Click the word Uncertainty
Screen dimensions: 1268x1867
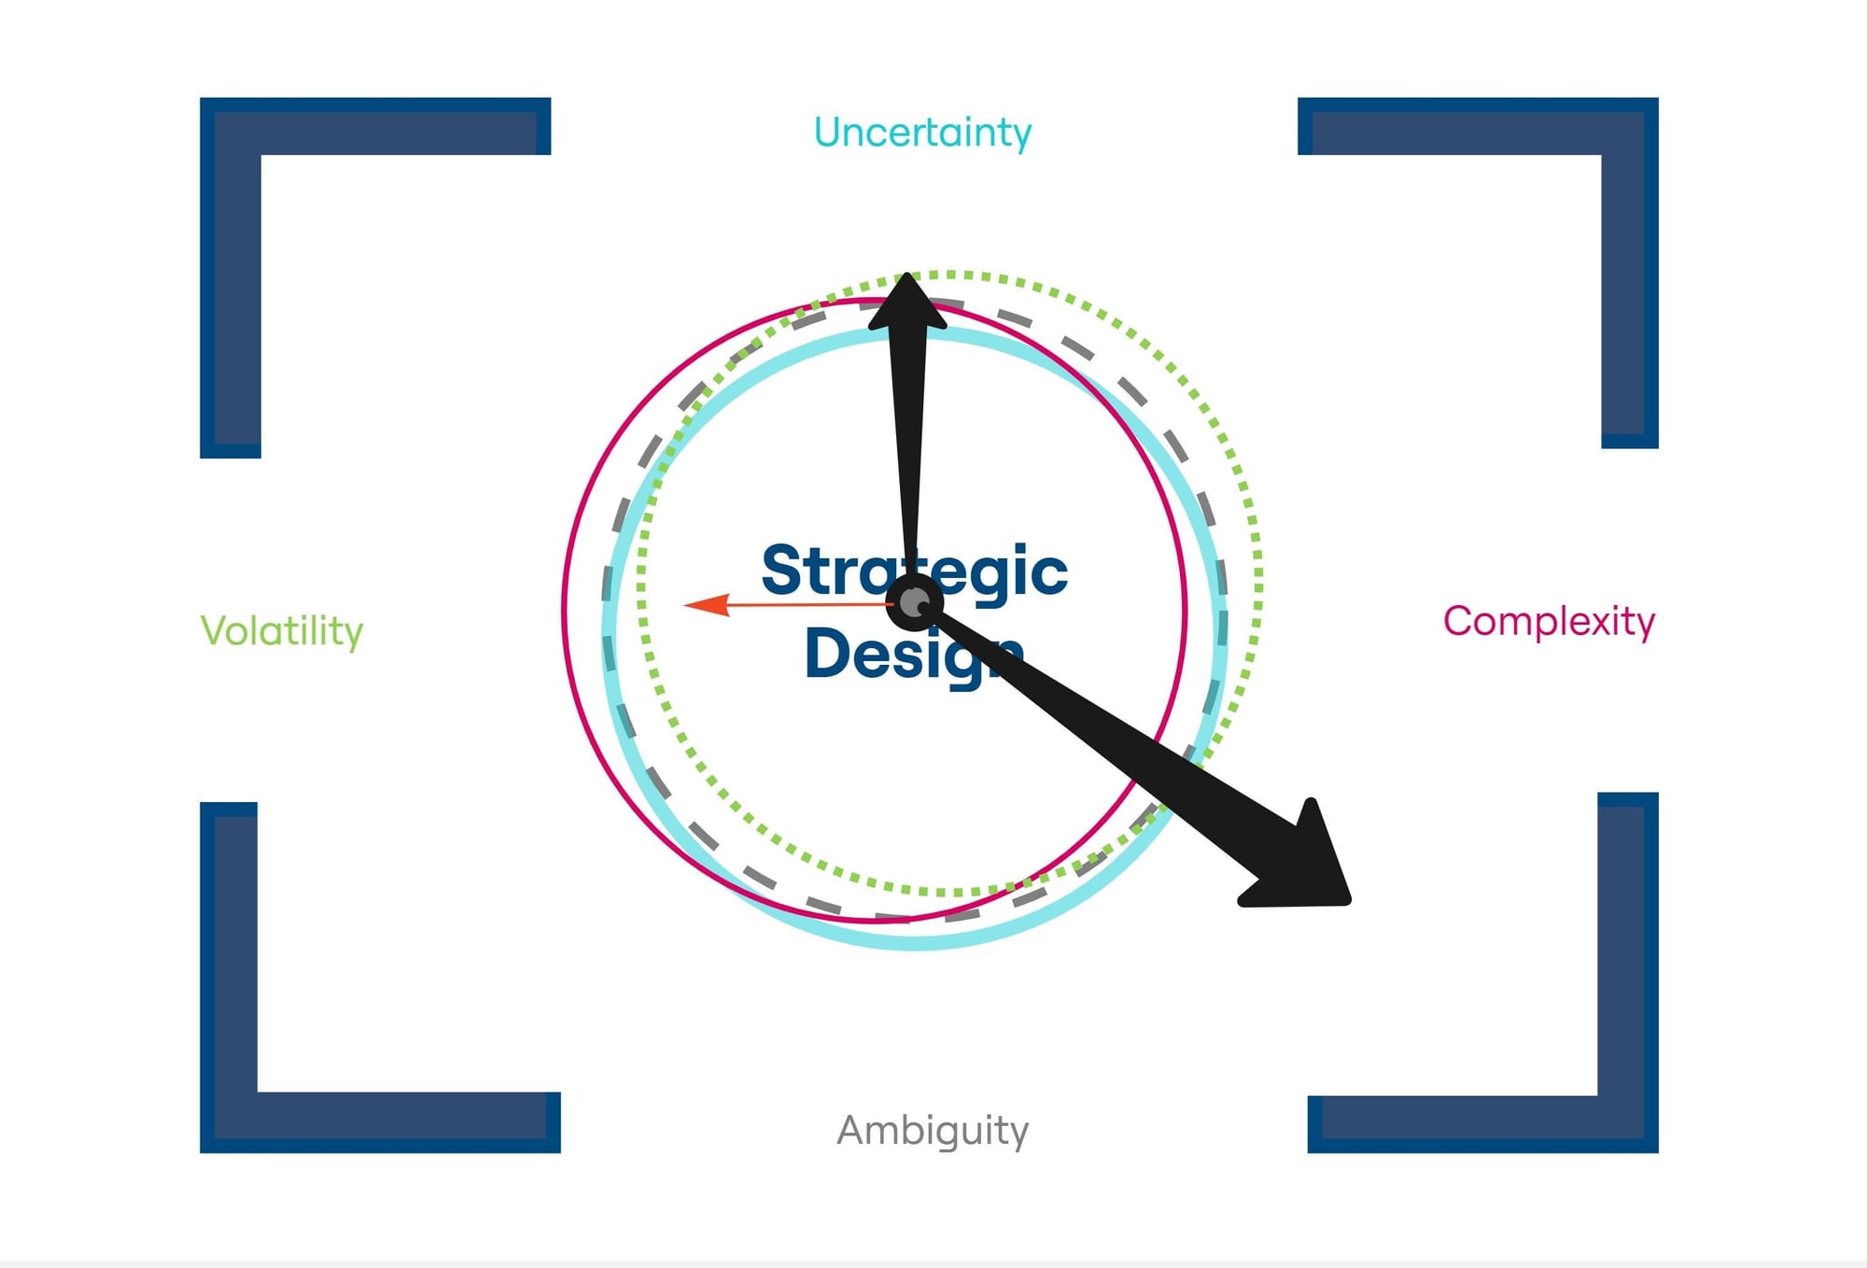point(922,133)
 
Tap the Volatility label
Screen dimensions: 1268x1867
point(281,631)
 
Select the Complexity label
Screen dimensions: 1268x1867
point(1549,621)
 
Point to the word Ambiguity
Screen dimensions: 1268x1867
point(933,1130)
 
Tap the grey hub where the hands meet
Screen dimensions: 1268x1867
point(914,603)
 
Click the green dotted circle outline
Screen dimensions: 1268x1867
point(1258,579)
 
